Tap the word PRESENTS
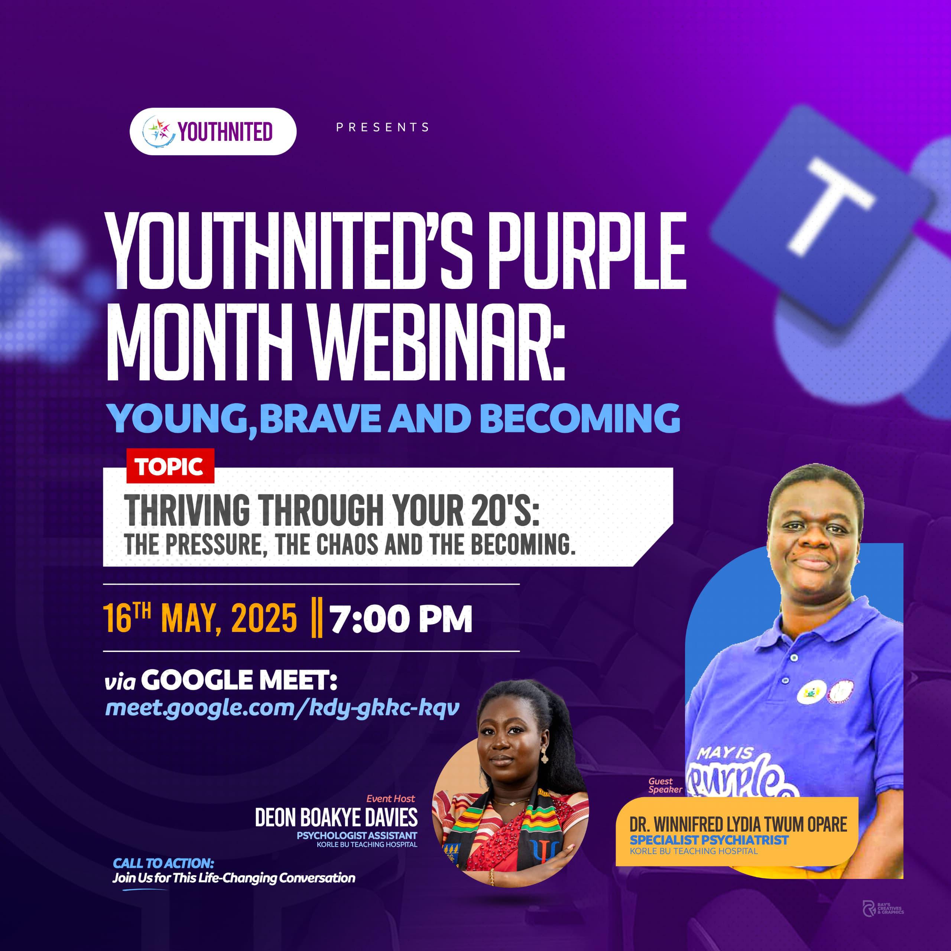pyautogui.click(x=383, y=127)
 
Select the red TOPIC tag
pyautogui.click(x=170, y=465)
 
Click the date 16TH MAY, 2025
pyautogui.click(x=200, y=618)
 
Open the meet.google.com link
pyautogui.click(x=283, y=708)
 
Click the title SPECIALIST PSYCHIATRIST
pyautogui.click(x=709, y=840)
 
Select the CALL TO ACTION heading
pyautogui.click(x=163, y=863)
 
